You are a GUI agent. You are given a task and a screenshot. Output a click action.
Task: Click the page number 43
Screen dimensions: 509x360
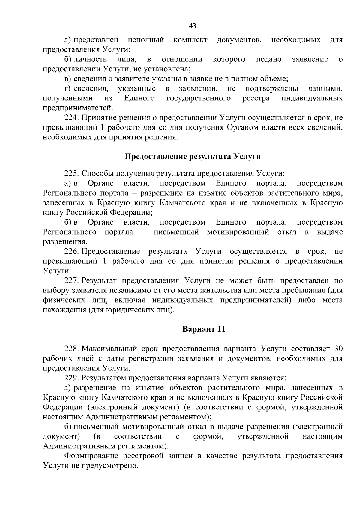[x=193, y=26]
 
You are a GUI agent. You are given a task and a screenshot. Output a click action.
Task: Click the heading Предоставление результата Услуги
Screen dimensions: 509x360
[x=193, y=157]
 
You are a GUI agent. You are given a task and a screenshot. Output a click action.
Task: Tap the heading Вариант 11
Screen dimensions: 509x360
[x=204, y=329]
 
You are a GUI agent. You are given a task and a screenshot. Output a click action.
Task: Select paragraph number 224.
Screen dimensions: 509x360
[x=72, y=118]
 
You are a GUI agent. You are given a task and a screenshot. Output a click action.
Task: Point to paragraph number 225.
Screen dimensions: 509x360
[x=72, y=173]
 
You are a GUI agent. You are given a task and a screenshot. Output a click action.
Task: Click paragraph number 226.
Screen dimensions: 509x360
[x=72, y=251]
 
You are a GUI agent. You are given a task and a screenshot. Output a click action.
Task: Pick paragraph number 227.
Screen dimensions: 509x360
[x=72, y=281]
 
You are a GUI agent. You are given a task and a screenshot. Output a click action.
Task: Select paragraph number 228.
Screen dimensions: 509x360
[x=72, y=349]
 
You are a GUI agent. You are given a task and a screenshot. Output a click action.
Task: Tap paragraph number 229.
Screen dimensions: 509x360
[x=72, y=378]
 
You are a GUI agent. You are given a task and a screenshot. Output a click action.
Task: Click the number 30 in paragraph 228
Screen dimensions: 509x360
[x=338, y=349]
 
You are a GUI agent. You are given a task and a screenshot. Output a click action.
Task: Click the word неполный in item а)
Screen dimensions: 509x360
[x=146, y=40]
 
